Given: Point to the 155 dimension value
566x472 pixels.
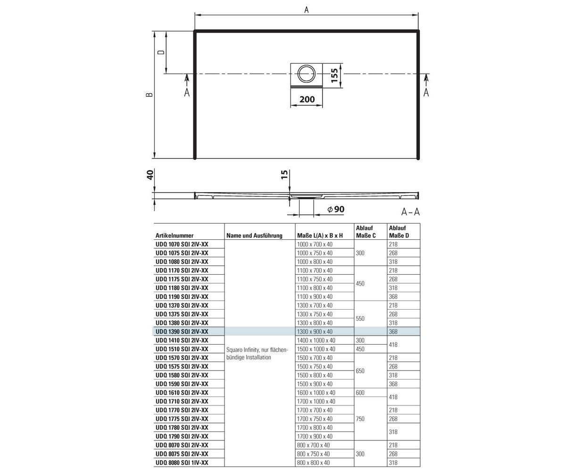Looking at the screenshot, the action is pos(334,76).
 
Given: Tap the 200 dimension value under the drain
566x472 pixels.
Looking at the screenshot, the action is pos(307,99).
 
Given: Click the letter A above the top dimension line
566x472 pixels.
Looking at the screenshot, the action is pos(306,10).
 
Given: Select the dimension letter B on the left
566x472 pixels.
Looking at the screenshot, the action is pos(150,95).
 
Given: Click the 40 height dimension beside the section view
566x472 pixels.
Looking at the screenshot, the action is pos(150,175).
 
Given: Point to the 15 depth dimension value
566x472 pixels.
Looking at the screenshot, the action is pos(284,175).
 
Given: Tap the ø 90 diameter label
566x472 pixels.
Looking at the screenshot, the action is pos(336,209).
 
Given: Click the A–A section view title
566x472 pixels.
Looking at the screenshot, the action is pos(410,211).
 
